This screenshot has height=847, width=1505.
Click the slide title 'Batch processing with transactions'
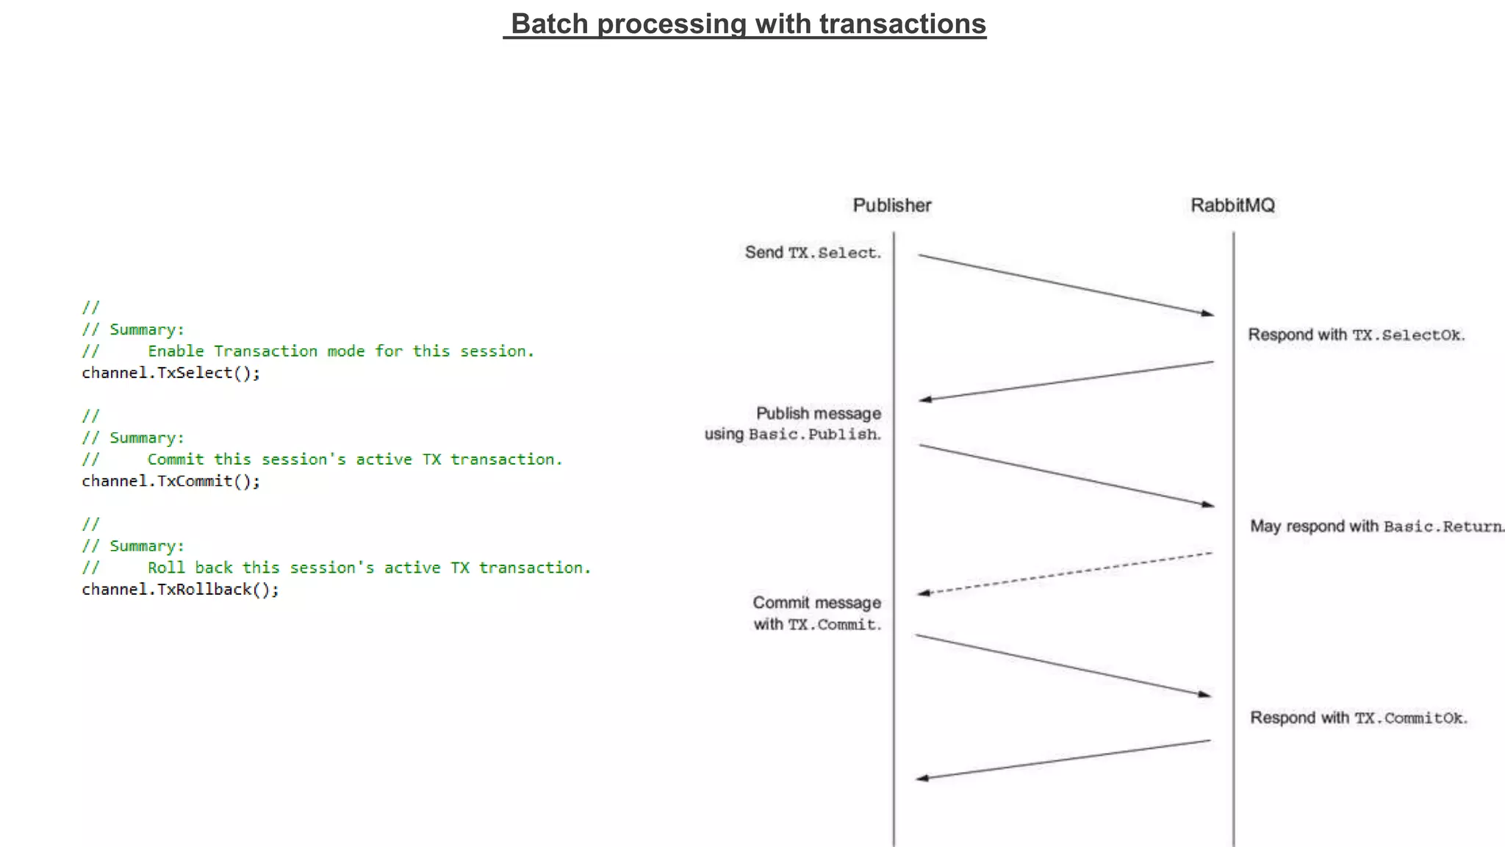[x=747, y=24]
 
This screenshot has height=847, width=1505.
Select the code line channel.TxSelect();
[x=170, y=373]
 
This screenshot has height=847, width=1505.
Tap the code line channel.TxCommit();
[x=170, y=481]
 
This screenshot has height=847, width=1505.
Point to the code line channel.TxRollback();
[x=180, y=589]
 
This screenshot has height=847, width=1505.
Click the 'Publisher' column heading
[x=891, y=205]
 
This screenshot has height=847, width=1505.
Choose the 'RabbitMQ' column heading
[x=1232, y=205]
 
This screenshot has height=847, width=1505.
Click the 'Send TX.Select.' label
[x=812, y=252]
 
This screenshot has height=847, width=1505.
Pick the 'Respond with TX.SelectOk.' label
[x=1356, y=335]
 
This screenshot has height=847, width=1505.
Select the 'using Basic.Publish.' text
[x=792, y=434]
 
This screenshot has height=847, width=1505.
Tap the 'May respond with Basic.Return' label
[x=1376, y=526]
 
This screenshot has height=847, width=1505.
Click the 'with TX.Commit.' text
[x=816, y=624]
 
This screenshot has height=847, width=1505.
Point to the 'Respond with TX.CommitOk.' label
[x=1358, y=718]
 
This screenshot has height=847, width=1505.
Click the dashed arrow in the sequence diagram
[x=1066, y=573]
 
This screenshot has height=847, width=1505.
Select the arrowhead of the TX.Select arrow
[x=1207, y=313]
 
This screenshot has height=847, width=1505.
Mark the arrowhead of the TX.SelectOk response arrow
[x=925, y=399]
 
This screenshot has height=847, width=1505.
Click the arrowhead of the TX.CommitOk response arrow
[x=922, y=778]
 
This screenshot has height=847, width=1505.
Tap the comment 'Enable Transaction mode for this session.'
[x=340, y=351]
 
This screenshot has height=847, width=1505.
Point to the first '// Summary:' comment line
[x=133, y=329]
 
